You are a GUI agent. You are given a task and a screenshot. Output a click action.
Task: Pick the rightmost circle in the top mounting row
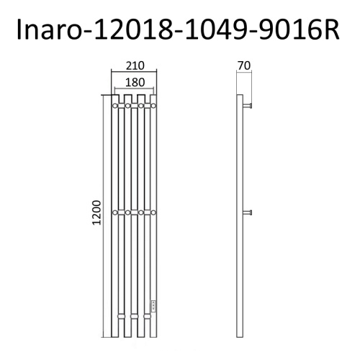point(153,107)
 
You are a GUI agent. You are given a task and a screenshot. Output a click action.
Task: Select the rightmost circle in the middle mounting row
point(153,212)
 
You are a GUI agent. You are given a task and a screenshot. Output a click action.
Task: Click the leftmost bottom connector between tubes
point(121,318)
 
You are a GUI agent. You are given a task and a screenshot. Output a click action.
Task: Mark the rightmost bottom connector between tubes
point(145,318)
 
